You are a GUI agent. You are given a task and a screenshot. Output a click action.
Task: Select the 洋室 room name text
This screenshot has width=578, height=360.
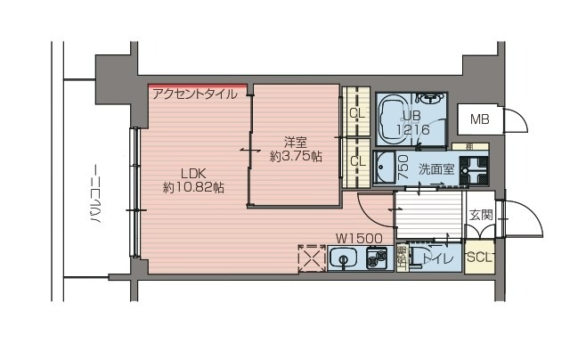296,142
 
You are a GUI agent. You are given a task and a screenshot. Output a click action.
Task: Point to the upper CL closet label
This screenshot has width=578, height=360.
356,113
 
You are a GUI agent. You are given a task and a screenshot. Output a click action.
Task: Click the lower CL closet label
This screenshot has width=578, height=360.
356,161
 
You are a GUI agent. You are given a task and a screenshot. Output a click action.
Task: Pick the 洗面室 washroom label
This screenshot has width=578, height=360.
436,168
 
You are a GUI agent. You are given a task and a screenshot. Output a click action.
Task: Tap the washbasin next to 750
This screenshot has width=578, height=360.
384,167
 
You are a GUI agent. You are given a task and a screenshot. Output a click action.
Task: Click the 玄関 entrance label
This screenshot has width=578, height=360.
481,214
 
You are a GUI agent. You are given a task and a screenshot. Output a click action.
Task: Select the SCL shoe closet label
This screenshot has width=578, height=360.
479,258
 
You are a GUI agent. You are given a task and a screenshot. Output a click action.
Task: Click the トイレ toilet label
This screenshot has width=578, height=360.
436,258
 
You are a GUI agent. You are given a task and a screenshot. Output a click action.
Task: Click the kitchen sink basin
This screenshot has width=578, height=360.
342,260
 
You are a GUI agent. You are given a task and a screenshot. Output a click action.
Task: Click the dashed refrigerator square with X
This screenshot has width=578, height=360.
311,258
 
